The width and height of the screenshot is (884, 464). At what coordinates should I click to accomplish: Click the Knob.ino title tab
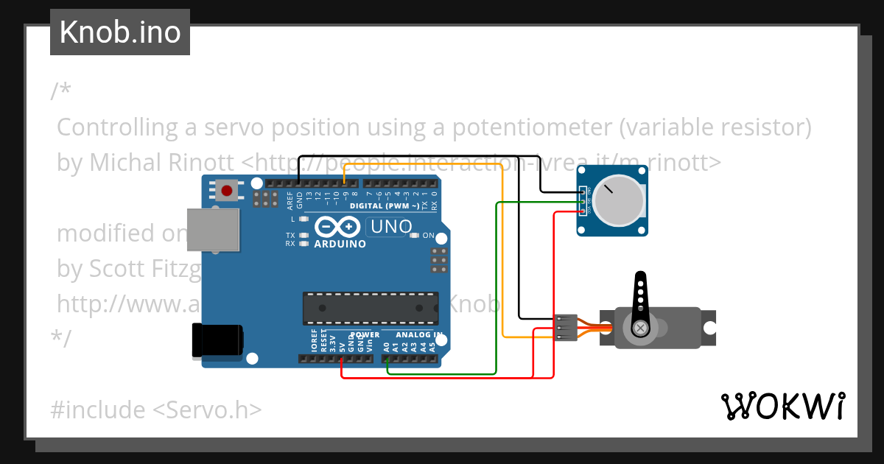[120, 32]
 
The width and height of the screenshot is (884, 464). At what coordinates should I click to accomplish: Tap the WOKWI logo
[782, 406]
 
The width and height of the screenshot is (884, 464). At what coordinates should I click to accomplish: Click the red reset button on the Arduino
[227, 191]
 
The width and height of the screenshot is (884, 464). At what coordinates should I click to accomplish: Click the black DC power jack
[217, 341]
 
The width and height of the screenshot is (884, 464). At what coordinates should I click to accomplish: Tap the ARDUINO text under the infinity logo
[340, 244]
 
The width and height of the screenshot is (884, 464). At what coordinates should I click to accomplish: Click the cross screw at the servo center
[641, 327]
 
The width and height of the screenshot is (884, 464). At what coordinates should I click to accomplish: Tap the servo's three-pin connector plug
[564, 327]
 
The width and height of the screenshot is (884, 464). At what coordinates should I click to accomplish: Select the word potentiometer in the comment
[521, 127]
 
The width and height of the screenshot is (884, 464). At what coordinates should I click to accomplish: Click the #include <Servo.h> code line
[155, 409]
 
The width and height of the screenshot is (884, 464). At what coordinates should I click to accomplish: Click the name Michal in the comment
[119, 163]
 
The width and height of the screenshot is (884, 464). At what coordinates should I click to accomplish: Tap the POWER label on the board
[365, 335]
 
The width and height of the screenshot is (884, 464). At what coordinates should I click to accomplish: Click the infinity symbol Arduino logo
[340, 227]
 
